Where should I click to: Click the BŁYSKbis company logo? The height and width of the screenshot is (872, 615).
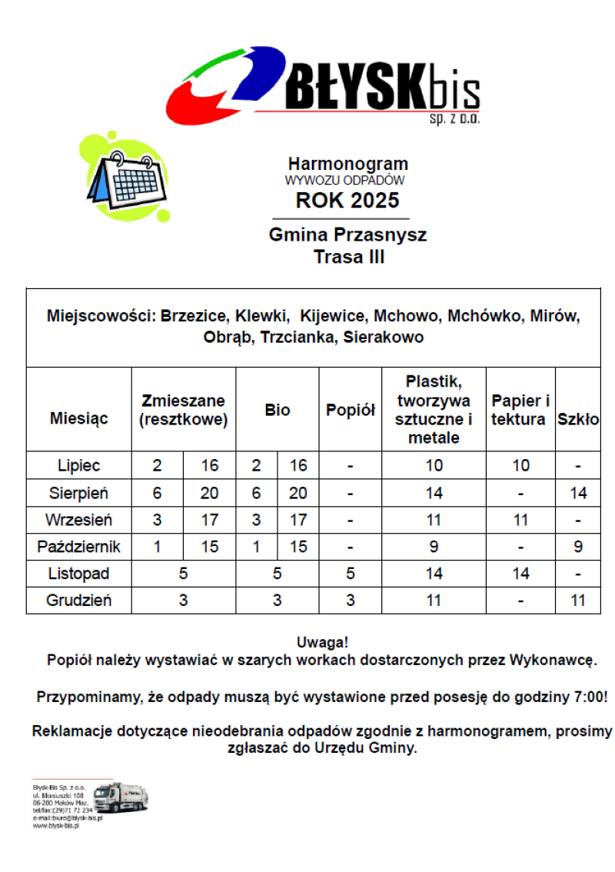tap(323, 86)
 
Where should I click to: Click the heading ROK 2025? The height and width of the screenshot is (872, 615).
tap(347, 201)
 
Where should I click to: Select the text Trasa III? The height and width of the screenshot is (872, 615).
tap(349, 257)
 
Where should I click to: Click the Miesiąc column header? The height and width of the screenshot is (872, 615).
tap(78, 418)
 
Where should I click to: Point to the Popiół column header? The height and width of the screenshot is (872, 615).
tap(350, 411)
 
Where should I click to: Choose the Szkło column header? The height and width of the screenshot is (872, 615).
tap(577, 420)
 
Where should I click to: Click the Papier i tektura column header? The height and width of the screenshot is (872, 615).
tap(520, 410)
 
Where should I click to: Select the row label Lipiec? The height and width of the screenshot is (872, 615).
tap(78, 465)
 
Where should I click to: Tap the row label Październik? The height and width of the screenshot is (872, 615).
tap(78, 547)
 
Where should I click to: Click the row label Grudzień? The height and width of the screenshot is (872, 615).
tap(78, 601)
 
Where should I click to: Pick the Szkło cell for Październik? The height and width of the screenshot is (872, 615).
tap(577, 547)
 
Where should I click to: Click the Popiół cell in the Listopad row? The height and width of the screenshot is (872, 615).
tap(350, 574)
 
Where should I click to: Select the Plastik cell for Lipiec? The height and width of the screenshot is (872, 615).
tap(434, 465)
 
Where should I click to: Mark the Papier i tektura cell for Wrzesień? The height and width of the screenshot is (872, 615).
tap(520, 520)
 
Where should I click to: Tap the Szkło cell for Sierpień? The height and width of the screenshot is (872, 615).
tap(577, 493)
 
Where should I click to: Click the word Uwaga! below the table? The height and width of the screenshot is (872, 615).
tap(321, 642)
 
